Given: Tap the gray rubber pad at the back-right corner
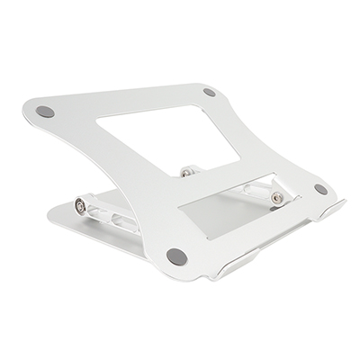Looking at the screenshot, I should tap(209, 92).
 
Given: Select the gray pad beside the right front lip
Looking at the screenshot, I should tap(320, 189).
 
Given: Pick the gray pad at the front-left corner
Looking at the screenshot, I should tap(178, 256).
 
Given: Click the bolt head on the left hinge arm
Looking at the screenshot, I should tap(84, 207).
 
